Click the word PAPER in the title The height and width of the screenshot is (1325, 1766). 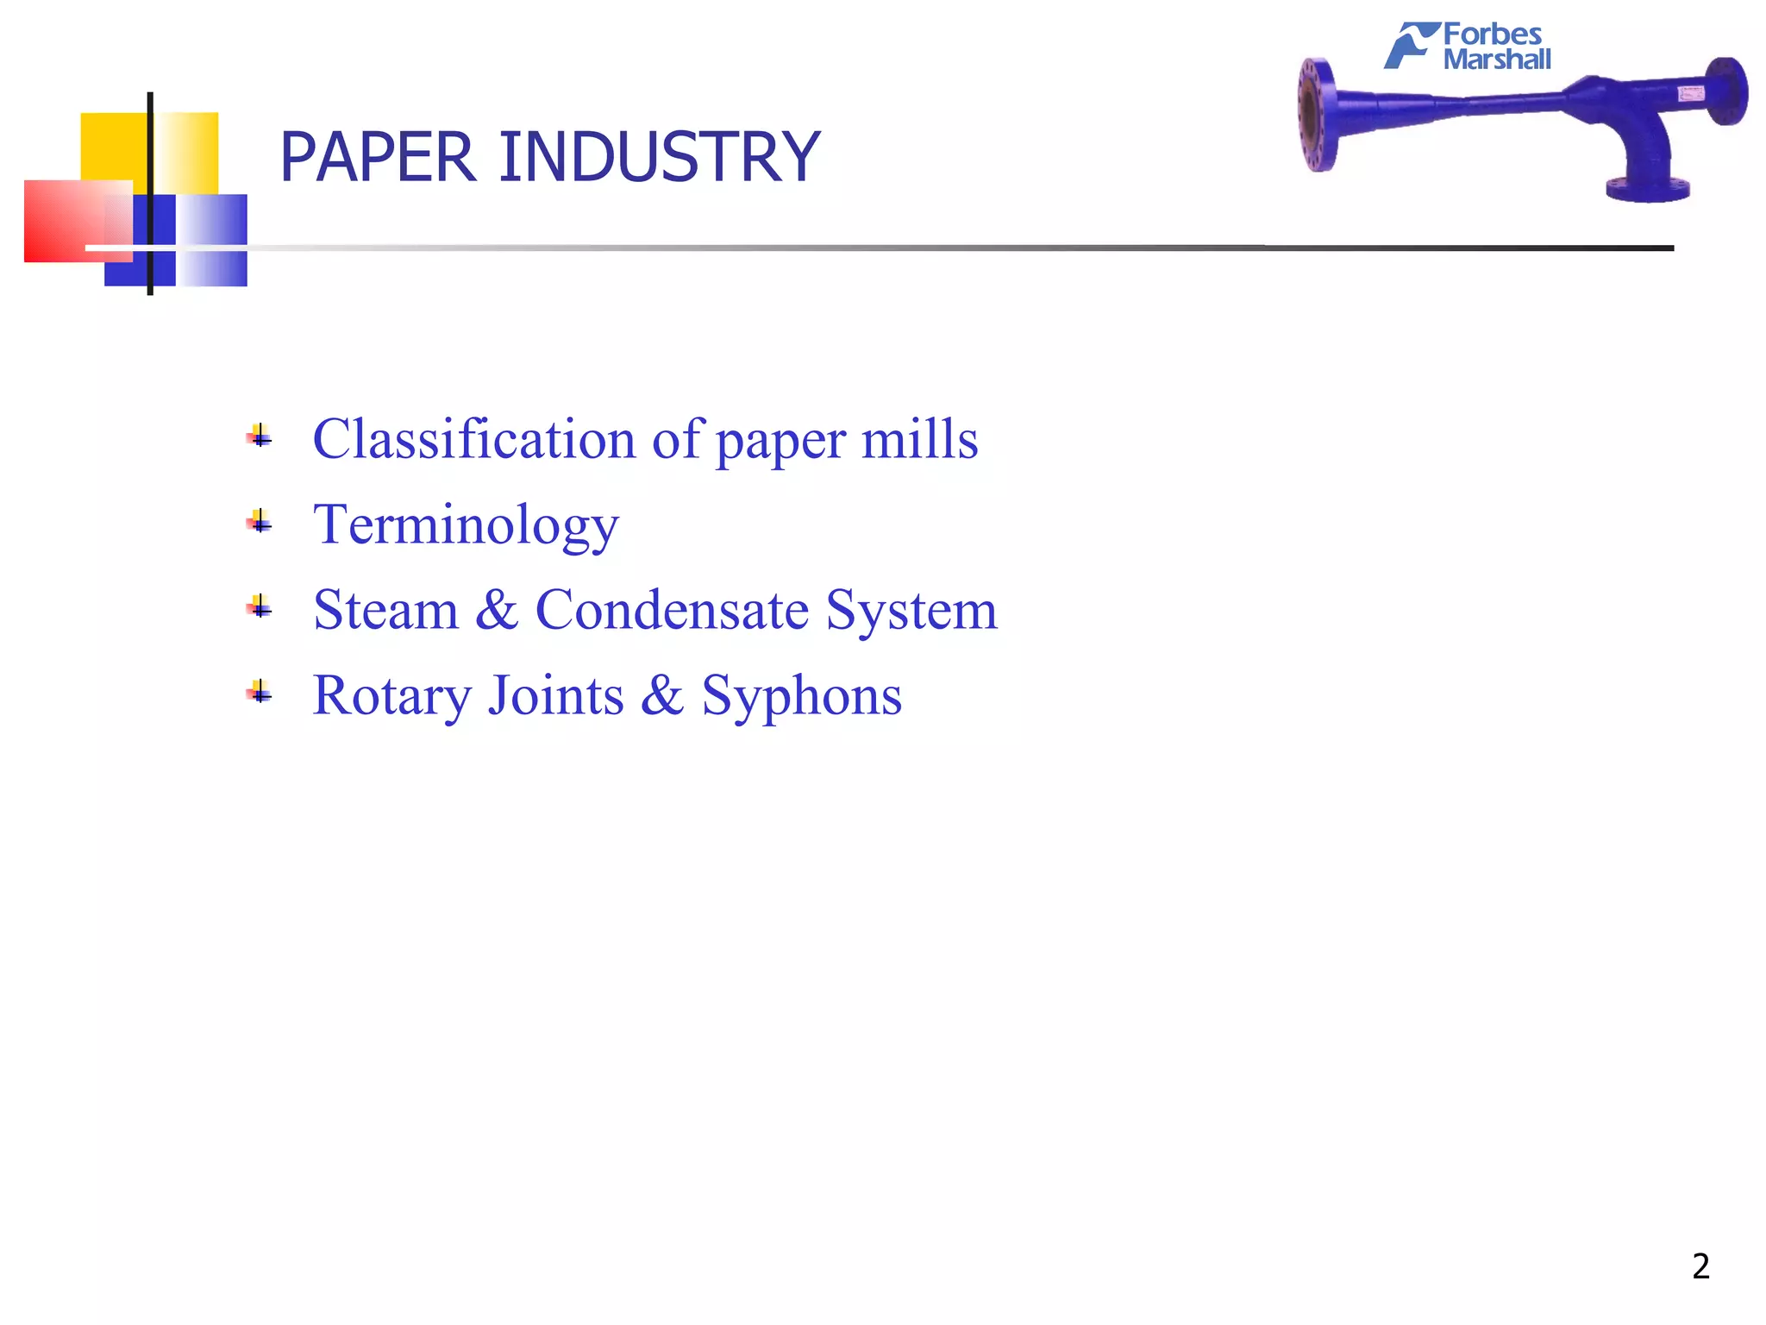point(378,157)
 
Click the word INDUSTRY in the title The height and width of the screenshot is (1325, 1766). point(659,157)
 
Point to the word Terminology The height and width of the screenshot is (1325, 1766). point(466,524)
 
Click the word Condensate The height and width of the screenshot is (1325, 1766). point(673,610)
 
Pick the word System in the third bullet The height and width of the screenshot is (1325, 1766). point(911,610)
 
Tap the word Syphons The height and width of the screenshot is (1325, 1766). point(801,695)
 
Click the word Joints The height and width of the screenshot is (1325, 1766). point(555,695)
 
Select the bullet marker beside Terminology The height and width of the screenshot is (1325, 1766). point(260,522)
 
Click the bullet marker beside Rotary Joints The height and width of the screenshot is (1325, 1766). point(260,692)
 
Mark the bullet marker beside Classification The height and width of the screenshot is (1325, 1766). point(260,436)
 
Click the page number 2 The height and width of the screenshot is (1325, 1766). point(1700,1266)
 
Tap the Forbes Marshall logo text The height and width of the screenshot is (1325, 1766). point(1495,47)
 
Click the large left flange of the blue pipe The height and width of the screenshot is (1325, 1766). point(1317,115)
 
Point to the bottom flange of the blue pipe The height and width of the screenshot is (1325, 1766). point(1647,189)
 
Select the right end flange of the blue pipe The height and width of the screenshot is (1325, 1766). point(1727,91)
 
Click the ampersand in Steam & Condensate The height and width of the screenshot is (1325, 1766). point(497,610)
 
